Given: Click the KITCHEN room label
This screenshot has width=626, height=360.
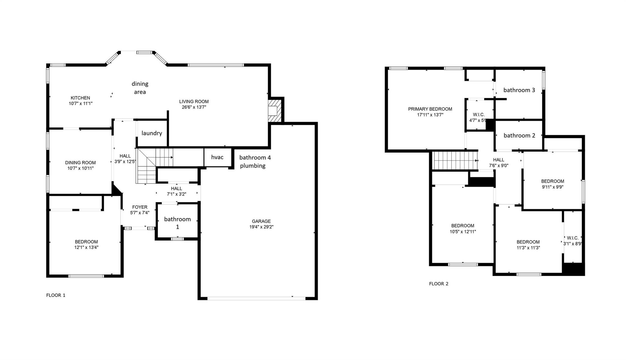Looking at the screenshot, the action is coord(80,98).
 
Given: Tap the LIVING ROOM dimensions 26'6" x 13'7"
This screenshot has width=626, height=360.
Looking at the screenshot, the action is coord(194,107).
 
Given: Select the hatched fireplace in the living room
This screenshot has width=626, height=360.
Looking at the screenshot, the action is coord(274,110).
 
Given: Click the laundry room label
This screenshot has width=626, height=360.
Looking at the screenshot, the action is coord(152,133).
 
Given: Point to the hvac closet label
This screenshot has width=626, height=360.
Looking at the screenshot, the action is coord(217,157).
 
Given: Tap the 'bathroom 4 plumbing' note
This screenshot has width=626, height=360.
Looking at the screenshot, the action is coord(255,161).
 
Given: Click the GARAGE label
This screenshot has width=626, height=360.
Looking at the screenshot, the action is coord(261,221).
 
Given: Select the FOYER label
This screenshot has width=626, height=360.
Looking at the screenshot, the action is coord(140,207).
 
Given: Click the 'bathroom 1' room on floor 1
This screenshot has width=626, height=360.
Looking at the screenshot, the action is coord(177,223).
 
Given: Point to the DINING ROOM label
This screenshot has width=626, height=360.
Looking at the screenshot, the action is coord(80,163).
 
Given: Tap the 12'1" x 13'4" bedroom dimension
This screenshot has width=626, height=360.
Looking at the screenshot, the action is coord(86,247).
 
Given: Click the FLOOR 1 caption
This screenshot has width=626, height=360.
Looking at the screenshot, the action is coord(56,295).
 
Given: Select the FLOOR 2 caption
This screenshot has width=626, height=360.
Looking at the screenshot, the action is coord(439,284).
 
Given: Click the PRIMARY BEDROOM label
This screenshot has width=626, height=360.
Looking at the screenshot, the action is coord(430,109).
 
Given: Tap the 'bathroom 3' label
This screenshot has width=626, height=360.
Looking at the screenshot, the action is coord(519,90).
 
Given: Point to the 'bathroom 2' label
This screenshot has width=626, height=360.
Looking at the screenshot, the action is coord(519,135).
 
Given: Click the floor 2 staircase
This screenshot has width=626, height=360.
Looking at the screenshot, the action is coord(455,160).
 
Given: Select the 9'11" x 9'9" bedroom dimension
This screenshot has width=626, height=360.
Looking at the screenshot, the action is coord(552,187).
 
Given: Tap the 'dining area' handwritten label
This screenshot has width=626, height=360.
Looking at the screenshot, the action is coord(140,88).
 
